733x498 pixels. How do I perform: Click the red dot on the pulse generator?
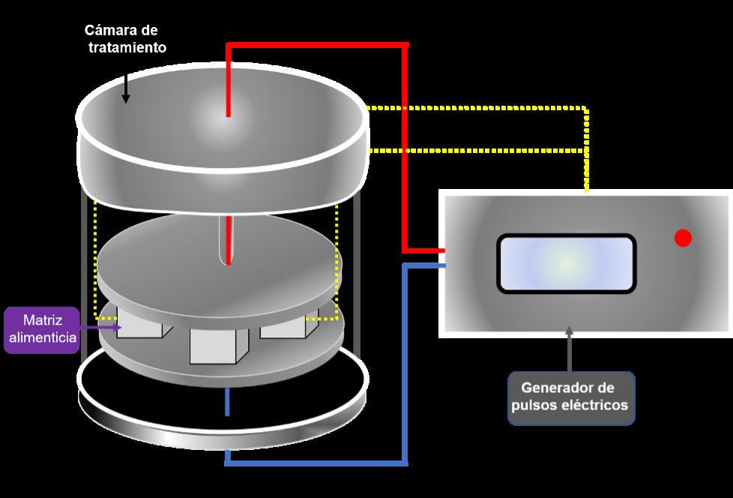pyautogui.click(x=682, y=238)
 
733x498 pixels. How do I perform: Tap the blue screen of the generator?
pyautogui.click(x=566, y=263)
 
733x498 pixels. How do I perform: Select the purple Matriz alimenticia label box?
pyautogui.click(x=41, y=330)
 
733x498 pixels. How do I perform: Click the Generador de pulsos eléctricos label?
pyautogui.click(x=571, y=398)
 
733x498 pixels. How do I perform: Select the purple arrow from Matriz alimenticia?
pyautogui.click(x=100, y=328)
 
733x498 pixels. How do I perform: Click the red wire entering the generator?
pyautogui.click(x=424, y=250)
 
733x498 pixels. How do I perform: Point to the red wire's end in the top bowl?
pyautogui.click(x=228, y=112)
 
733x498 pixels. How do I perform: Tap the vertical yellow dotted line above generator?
pyautogui.click(x=586, y=150)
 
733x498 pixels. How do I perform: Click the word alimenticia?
pyautogui.click(x=42, y=337)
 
